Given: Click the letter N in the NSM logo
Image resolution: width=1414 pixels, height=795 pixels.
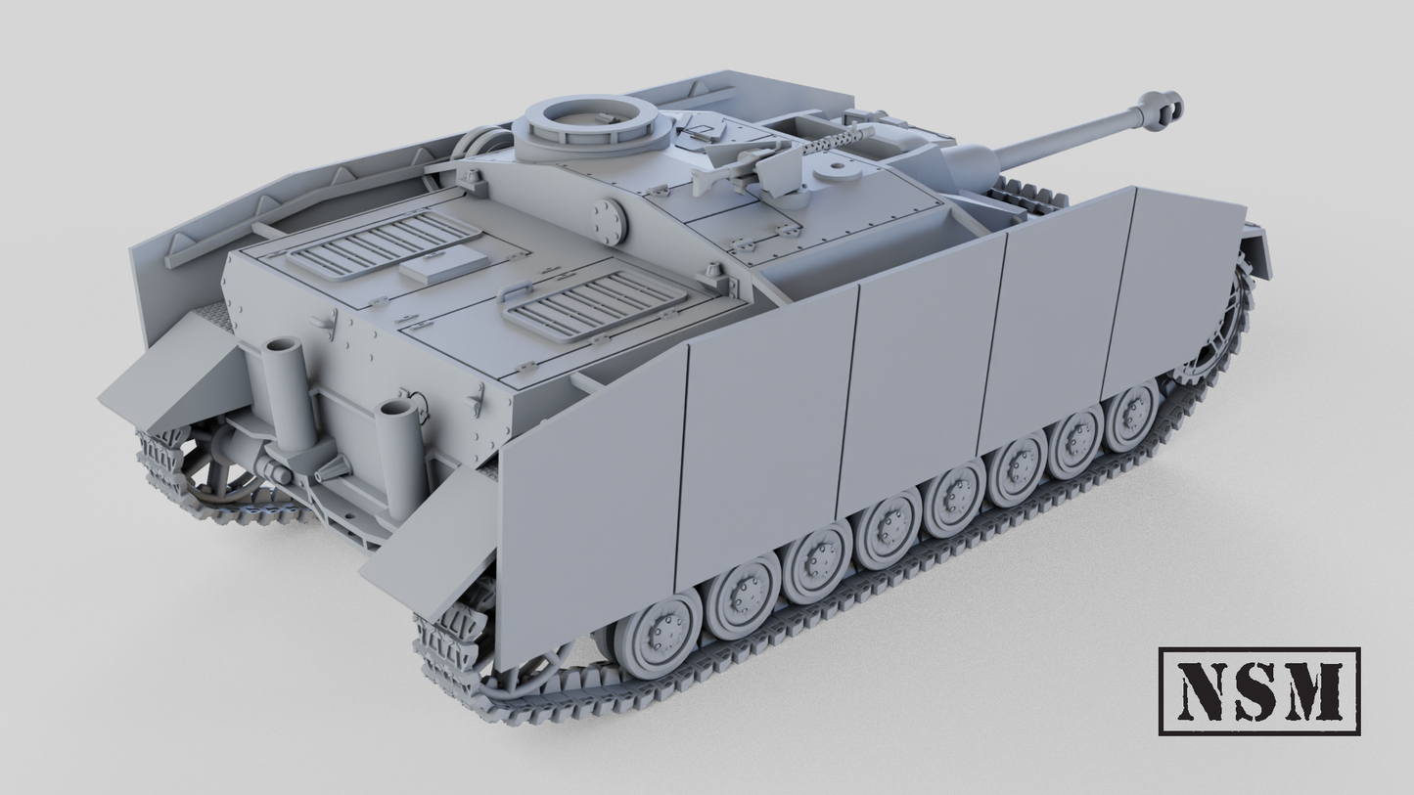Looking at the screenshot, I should pyautogui.click(x=1205, y=690).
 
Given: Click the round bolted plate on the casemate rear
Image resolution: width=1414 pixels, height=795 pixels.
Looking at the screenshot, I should pyautogui.click(x=607, y=223).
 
